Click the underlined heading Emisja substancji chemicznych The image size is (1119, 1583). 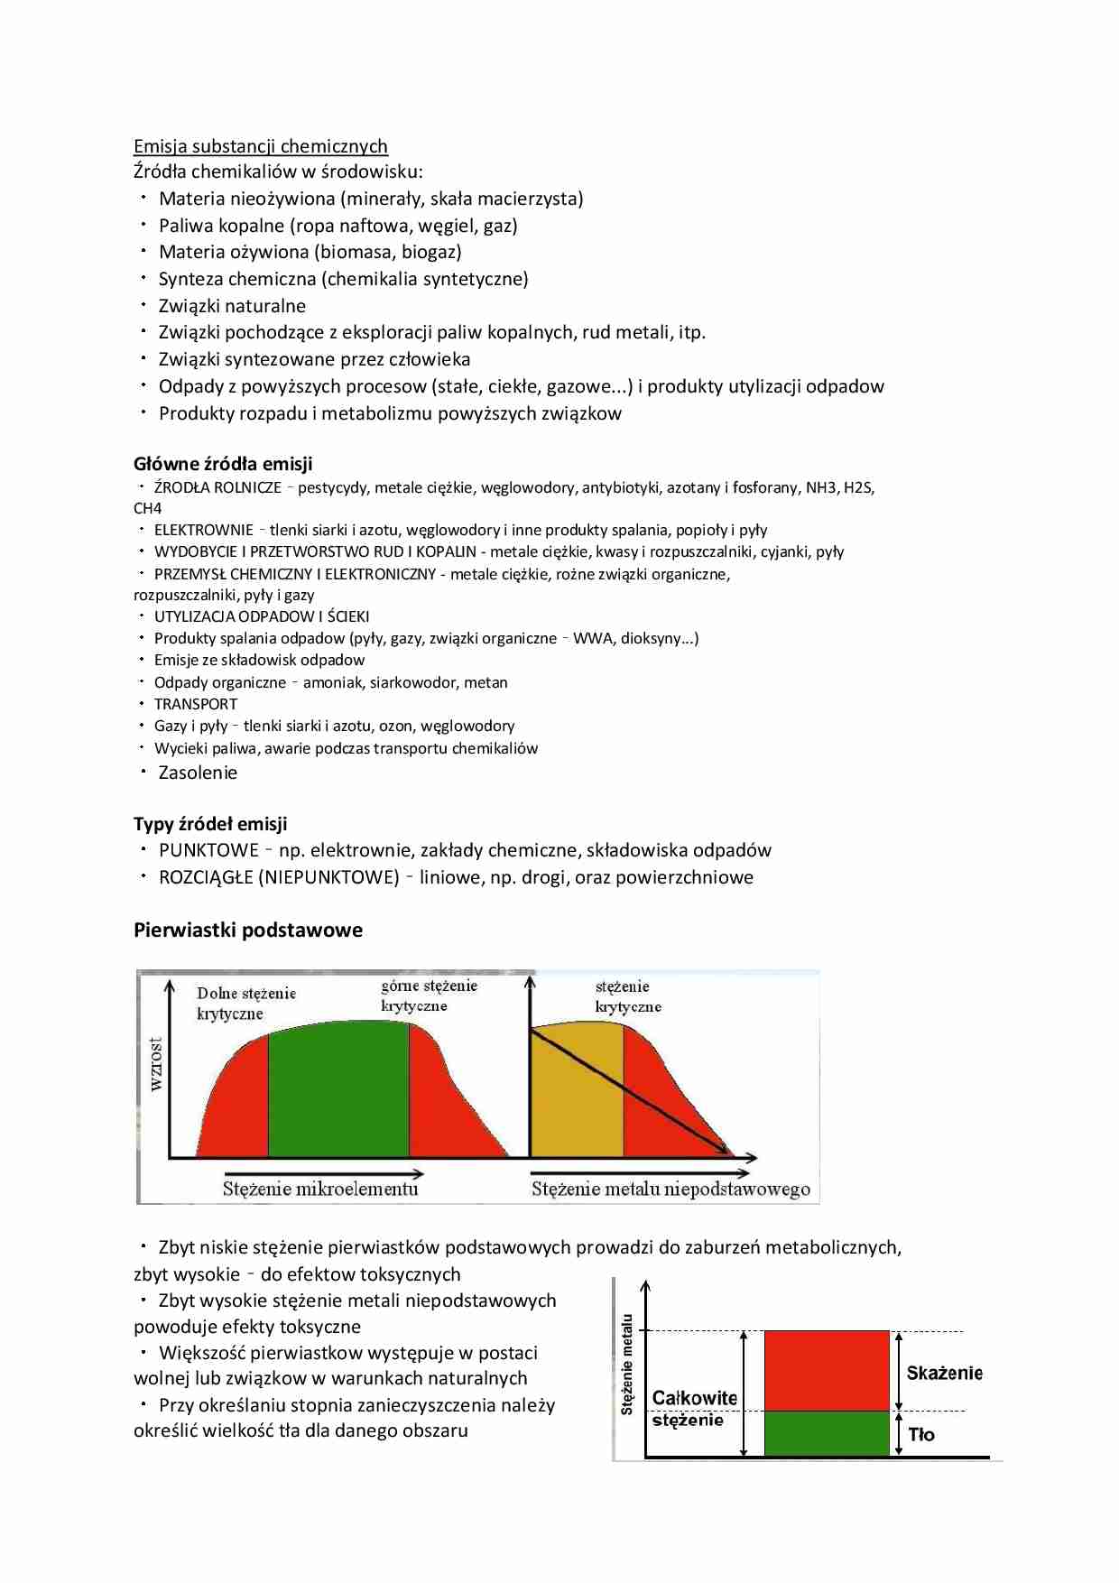pyautogui.click(x=260, y=146)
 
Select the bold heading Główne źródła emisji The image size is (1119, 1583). pyautogui.click(x=223, y=464)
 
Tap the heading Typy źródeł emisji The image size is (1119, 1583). pyautogui.click(x=210, y=824)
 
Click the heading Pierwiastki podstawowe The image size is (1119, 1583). pyautogui.click(x=248, y=930)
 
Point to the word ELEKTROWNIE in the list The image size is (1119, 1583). pyautogui.click(x=203, y=531)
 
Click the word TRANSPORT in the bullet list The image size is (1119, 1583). pyautogui.click(x=196, y=704)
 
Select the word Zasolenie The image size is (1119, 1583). pyautogui.click(x=198, y=773)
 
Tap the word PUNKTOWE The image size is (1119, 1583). pyautogui.click(x=208, y=850)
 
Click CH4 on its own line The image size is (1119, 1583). pyautogui.click(x=148, y=508)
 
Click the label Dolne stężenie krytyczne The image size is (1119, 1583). pyautogui.click(x=245, y=1003)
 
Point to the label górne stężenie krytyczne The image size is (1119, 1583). pyautogui.click(x=428, y=995)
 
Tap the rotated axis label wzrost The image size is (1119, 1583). pyautogui.click(x=156, y=1064)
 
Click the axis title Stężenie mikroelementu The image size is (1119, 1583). pyautogui.click(x=320, y=1189)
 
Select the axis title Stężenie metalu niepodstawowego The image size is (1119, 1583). pyautogui.click(x=670, y=1190)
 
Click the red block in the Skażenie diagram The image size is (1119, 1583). pyautogui.click(x=827, y=1370)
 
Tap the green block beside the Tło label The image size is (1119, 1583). pyautogui.click(x=827, y=1433)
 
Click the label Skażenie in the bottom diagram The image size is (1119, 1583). pyautogui.click(x=944, y=1373)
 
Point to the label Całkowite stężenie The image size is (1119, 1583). pyautogui.click(x=693, y=1408)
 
